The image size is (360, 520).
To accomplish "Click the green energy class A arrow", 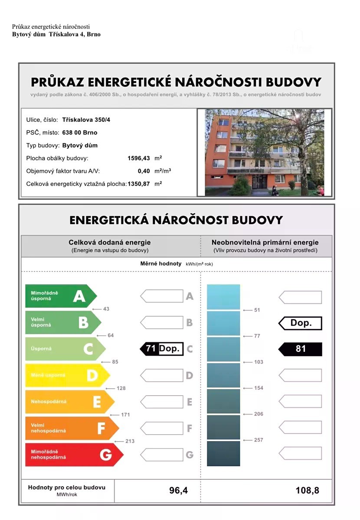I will [61, 296].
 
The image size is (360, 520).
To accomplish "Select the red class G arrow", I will [74, 455].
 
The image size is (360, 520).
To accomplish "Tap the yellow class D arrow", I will [67, 375].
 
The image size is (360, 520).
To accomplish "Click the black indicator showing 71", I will [150, 348].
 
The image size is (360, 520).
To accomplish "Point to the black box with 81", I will [300, 349].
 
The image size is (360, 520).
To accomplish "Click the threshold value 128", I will [121, 388].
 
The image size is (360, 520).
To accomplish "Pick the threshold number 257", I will [259, 440].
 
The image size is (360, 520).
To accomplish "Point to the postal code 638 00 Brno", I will [80, 133].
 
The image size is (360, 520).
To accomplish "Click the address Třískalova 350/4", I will [86, 120].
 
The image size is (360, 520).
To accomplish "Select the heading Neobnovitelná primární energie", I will [265, 243].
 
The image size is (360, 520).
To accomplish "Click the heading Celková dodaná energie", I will [110, 243].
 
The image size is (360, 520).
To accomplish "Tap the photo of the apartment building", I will [264, 152].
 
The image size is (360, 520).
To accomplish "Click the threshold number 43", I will [106, 309].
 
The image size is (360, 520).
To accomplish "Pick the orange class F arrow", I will [72, 428].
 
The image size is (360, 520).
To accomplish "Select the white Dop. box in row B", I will [301, 323].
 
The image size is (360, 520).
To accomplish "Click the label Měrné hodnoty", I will [160, 263].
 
